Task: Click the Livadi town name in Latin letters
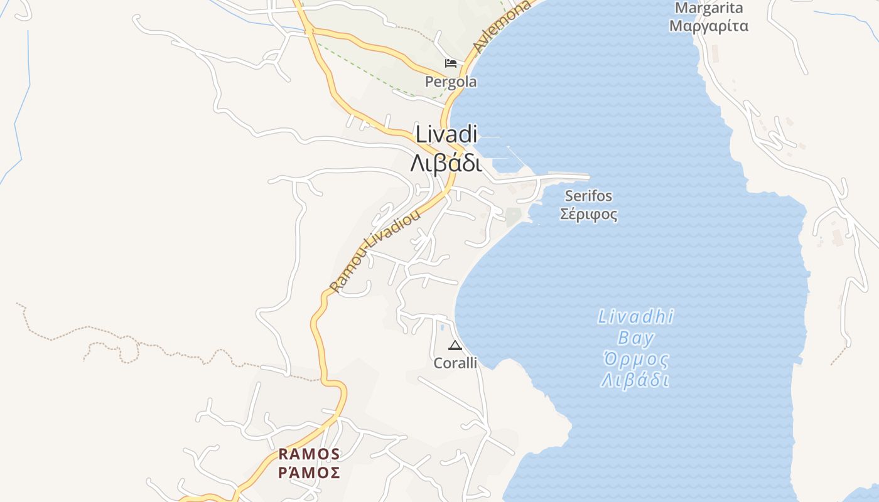(x=446, y=135)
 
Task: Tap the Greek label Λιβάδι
(x=446, y=163)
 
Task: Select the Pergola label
(x=451, y=82)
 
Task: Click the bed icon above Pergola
(x=451, y=63)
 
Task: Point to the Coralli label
(x=455, y=363)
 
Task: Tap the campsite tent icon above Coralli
(x=455, y=345)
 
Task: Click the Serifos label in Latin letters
(x=588, y=196)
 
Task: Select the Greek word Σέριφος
(x=588, y=215)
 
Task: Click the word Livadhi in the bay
(x=635, y=317)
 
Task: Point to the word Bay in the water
(x=635, y=339)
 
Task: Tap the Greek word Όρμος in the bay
(x=635, y=360)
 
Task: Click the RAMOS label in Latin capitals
(x=309, y=454)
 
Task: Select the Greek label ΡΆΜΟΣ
(x=309, y=473)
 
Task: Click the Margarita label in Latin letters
(x=709, y=8)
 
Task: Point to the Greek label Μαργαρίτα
(x=709, y=26)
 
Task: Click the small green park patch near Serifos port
(x=513, y=216)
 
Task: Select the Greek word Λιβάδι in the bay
(x=635, y=381)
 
